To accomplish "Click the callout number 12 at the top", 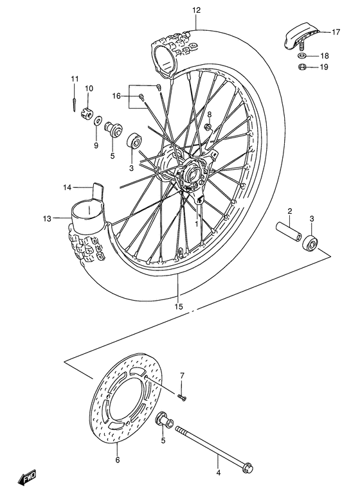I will pos(196,10).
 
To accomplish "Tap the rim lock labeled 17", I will pos(298,35).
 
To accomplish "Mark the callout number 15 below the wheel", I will pos(179,306).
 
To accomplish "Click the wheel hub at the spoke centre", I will pos(190,173).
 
